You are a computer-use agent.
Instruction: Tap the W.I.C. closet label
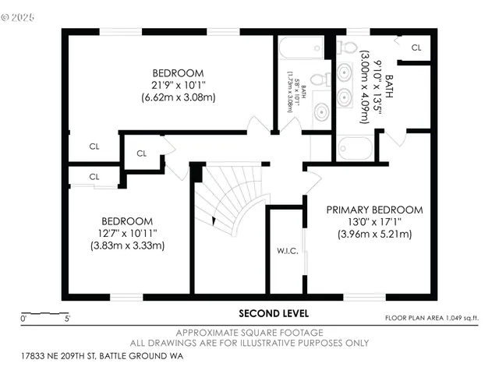click(283, 251)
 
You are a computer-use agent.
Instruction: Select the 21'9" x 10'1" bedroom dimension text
click(178, 85)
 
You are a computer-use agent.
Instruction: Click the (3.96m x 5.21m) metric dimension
click(374, 234)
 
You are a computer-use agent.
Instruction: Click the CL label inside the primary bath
click(416, 48)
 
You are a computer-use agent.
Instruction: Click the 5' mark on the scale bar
click(67, 318)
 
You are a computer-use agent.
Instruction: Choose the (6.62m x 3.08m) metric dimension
click(178, 97)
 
